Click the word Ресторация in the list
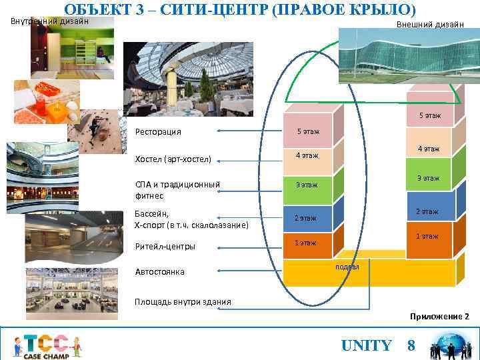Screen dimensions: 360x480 tap(158, 131)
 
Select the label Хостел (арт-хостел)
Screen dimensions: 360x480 tap(173, 159)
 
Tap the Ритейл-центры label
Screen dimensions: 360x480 tap(165, 247)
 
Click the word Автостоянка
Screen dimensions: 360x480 tap(159, 272)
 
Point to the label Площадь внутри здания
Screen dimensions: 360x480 tap(183, 302)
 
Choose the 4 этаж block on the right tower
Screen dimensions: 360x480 tap(428, 149)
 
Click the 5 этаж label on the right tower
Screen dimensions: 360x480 tap(429, 116)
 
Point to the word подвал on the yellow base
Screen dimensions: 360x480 tap(347, 267)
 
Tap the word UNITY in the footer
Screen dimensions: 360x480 tap(366, 345)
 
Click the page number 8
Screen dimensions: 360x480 tap(411, 345)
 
